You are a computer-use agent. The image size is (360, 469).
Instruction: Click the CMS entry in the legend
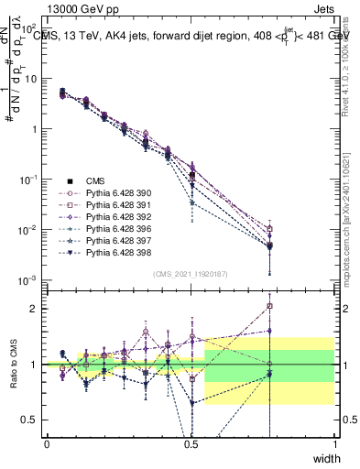coord(97,181)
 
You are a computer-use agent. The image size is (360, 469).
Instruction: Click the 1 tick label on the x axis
coord(334,444)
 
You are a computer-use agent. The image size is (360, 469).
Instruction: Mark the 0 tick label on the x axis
coord(47,444)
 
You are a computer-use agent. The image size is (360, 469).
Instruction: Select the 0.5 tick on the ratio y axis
coord(33,420)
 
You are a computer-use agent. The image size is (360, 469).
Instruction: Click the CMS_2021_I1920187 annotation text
coord(190,273)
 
